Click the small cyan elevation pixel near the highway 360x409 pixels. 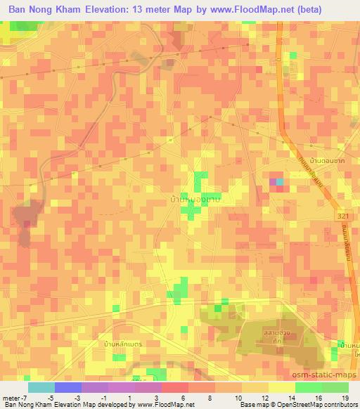tap(281, 183)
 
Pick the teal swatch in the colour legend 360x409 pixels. tap(41, 387)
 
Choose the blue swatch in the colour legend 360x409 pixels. tap(68, 387)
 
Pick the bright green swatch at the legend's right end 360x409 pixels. tap(335, 387)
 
